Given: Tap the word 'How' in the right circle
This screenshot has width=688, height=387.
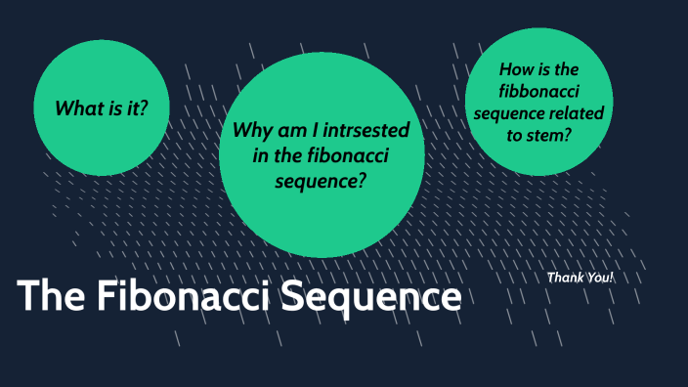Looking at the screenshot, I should (x=517, y=69).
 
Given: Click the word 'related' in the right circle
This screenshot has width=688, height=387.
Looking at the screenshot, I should (x=580, y=113).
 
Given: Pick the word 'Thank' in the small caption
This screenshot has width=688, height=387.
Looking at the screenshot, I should (x=565, y=279).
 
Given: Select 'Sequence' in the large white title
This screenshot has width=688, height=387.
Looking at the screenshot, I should (x=372, y=297).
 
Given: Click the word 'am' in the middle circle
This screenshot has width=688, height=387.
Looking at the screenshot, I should (x=292, y=131).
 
